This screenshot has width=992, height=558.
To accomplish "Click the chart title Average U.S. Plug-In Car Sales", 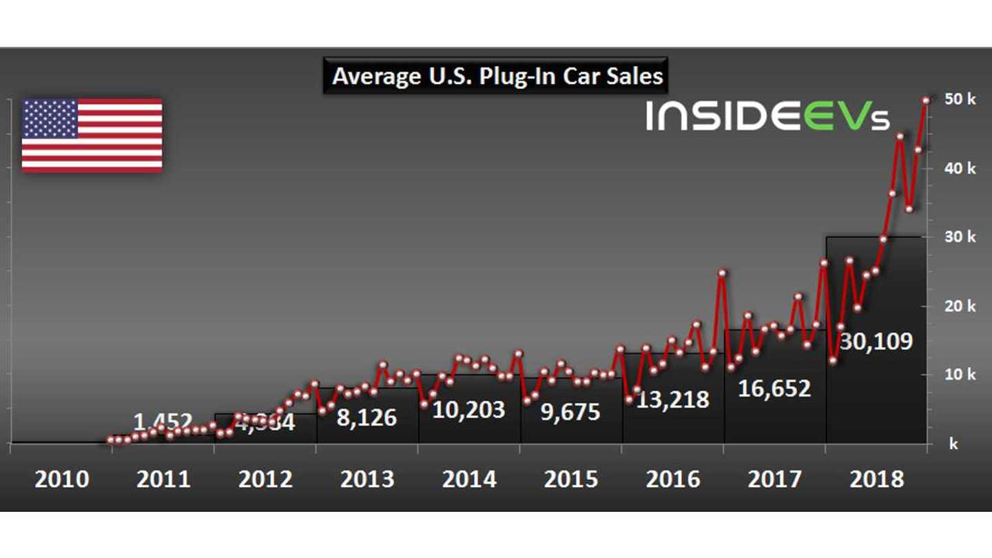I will [497, 75].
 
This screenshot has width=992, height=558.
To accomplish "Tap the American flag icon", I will [92, 135].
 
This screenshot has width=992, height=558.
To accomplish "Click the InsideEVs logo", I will [767, 115].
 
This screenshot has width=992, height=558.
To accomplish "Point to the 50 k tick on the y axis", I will [960, 99].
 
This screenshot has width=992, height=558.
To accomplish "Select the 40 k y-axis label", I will [960, 168].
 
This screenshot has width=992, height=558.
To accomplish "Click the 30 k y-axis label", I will [960, 237].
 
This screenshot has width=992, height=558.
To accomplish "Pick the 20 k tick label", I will [960, 306].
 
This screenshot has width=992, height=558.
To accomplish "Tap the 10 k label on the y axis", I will [960, 375].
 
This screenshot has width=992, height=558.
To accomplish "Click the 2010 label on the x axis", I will [62, 479].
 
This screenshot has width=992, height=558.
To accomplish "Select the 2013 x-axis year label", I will [368, 479].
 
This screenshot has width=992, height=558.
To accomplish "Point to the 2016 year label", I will [673, 479].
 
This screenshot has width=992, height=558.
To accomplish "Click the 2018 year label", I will [877, 479].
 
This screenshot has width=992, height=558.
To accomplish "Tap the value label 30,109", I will [876, 341].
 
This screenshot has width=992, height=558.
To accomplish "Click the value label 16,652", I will [774, 389].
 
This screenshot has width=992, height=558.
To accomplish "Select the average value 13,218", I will [672, 399].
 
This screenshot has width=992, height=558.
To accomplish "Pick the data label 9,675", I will [571, 412].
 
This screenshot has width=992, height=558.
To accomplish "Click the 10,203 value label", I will [468, 410].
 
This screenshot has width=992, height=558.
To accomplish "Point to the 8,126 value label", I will [366, 417].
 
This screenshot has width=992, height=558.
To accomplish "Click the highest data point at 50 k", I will [926, 100].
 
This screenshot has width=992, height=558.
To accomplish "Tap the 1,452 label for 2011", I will [163, 420].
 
